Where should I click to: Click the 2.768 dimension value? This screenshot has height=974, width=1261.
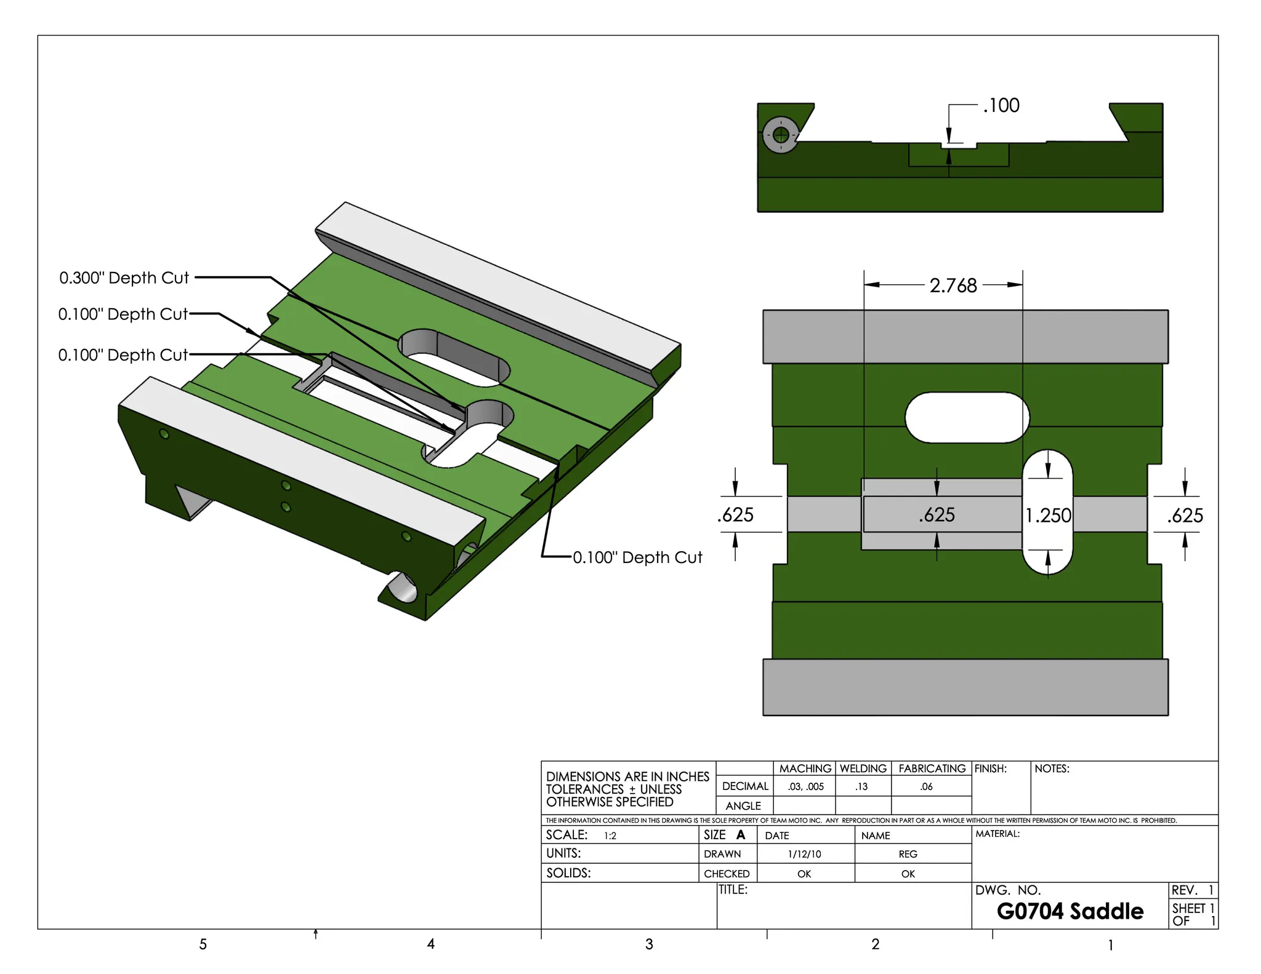953,285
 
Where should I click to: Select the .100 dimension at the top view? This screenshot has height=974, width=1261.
1001,106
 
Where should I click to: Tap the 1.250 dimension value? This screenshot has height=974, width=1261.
1048,515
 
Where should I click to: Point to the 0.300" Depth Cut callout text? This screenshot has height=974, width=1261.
124,278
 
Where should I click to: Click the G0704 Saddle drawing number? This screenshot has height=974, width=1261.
1070,911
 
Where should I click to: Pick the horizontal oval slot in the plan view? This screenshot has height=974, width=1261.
967,418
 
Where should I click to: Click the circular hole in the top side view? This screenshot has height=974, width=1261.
781,135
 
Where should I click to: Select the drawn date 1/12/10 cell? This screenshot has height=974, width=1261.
805,854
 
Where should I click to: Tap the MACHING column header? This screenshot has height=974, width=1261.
805,768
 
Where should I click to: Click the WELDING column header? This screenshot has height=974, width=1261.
863,768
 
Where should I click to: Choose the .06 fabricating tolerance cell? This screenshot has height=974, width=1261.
927,786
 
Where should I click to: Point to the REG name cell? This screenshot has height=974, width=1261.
908,854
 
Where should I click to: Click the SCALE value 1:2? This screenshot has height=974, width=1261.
610,836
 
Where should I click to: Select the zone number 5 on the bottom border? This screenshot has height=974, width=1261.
203,944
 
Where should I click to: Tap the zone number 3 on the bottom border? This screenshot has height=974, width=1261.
649,944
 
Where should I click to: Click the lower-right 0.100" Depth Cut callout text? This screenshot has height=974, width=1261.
637,557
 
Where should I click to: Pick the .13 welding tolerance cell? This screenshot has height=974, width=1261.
861,786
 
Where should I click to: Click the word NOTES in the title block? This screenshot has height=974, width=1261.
1052,768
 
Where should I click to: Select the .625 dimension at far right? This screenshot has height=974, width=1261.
1185,515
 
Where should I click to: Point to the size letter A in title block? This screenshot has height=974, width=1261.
741,835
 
